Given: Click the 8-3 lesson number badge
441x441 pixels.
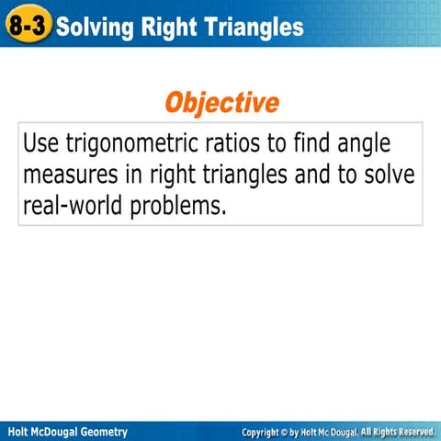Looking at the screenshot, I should click(x=28, y=27).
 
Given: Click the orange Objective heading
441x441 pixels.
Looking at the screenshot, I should click(x=221, y=102).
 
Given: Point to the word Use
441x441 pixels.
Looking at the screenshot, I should click(x=41, y=144).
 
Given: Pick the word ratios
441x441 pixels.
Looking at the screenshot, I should click(x=245, y=144).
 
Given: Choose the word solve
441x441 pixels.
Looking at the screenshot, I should click(x=390, y=175).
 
